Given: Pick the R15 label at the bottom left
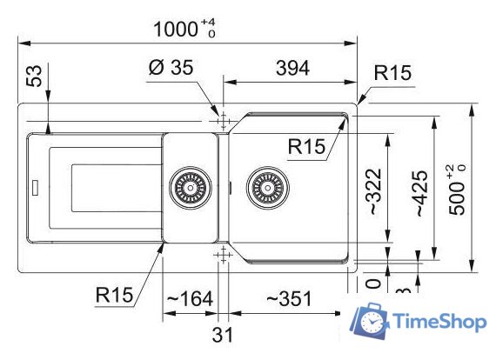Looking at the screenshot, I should click(115, 295).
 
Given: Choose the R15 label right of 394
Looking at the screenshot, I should click(392, 74).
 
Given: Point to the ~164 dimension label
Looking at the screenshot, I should click(189, 299).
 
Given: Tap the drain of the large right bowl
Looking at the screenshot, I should click(266, 186).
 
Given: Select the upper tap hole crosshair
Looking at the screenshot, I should click(221, 117).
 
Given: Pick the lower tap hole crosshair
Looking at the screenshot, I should click(221, 253).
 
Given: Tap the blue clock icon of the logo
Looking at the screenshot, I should click(370, 323).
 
